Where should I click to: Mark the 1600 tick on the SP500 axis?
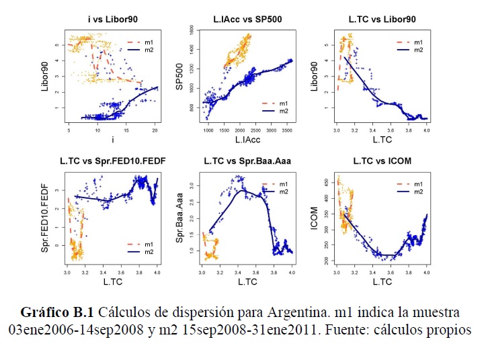tap(193, 31)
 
